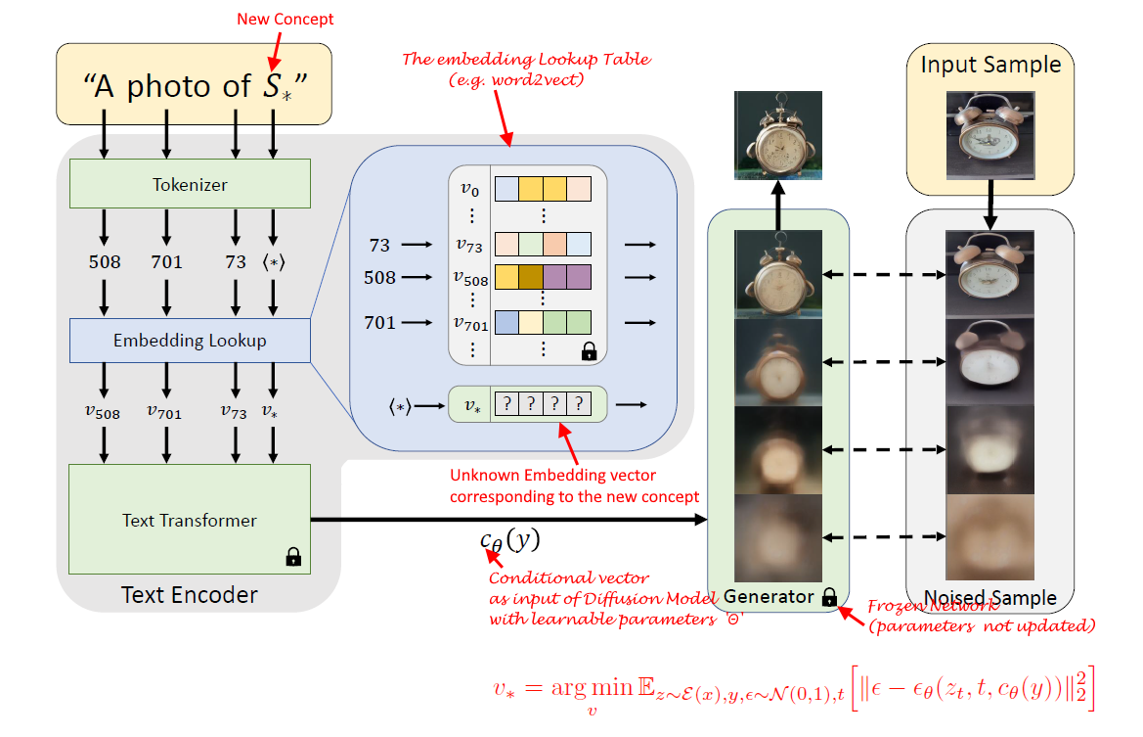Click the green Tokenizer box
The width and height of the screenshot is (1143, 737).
coord(190,183)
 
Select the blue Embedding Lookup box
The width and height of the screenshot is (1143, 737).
coord(190,341)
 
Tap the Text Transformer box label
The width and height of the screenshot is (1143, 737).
coord(190,520)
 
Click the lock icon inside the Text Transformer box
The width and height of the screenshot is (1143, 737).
coord(292,557)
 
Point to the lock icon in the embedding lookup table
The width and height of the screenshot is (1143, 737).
coord(588,350)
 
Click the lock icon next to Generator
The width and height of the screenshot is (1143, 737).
coord(829,597)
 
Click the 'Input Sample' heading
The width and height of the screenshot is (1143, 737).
coord(990,66)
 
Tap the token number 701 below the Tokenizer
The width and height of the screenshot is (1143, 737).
coord(166,262)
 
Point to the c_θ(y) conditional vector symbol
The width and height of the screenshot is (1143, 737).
coord(508,539)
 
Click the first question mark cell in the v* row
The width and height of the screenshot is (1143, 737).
coord(506,403)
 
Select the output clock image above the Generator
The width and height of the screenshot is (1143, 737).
coord(777,136)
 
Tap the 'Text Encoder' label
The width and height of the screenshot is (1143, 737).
coord(190,594)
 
